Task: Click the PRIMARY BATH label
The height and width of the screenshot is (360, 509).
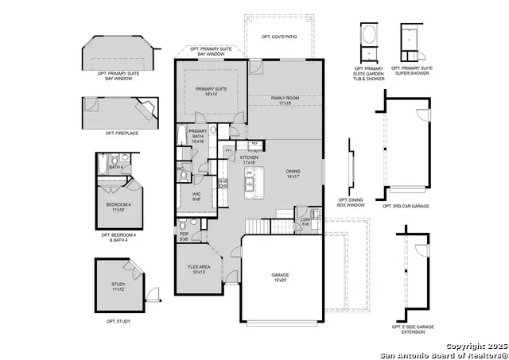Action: pyautogui.click(x=197, y=134)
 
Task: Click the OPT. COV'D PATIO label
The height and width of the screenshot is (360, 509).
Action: pyautogui.click(x=279, y=37)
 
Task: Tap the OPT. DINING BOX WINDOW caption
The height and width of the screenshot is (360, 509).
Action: pyautogui.click(x=352, y=202)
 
